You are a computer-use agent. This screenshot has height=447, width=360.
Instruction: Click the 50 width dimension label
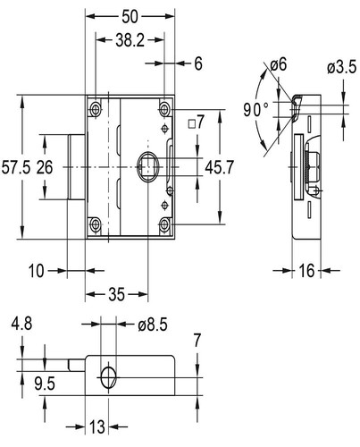(130, 17)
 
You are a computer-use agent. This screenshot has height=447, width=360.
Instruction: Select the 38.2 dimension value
(130, 40)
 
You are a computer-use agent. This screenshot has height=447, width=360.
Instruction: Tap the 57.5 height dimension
(16, 167)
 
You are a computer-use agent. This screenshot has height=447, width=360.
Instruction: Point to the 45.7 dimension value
(220, 167)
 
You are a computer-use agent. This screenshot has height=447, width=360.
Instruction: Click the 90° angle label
(256, 110)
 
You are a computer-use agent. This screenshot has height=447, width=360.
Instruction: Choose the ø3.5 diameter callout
(341, 67)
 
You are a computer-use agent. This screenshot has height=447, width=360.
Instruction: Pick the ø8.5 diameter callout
(153, 325)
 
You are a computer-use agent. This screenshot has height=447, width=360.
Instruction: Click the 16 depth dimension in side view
(306, 271)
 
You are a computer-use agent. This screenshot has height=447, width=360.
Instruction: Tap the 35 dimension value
(116, 294)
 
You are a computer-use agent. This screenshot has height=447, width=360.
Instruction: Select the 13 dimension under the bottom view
(97, 427)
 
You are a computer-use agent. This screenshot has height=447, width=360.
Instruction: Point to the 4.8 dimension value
(21, 324)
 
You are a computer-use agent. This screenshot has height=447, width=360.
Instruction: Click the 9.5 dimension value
(45, 384)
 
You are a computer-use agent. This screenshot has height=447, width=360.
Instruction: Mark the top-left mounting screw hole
(96, 109)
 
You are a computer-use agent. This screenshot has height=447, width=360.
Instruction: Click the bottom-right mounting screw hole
(164, 224)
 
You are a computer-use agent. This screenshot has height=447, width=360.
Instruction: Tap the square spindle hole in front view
(148, 166)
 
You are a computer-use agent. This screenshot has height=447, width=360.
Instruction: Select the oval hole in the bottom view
(108, 377)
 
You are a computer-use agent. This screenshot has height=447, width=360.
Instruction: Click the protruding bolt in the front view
(77, 167)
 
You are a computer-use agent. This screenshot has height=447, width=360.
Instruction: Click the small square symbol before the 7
(192, 123)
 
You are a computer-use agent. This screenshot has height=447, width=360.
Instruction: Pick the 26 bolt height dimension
(45, 167)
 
